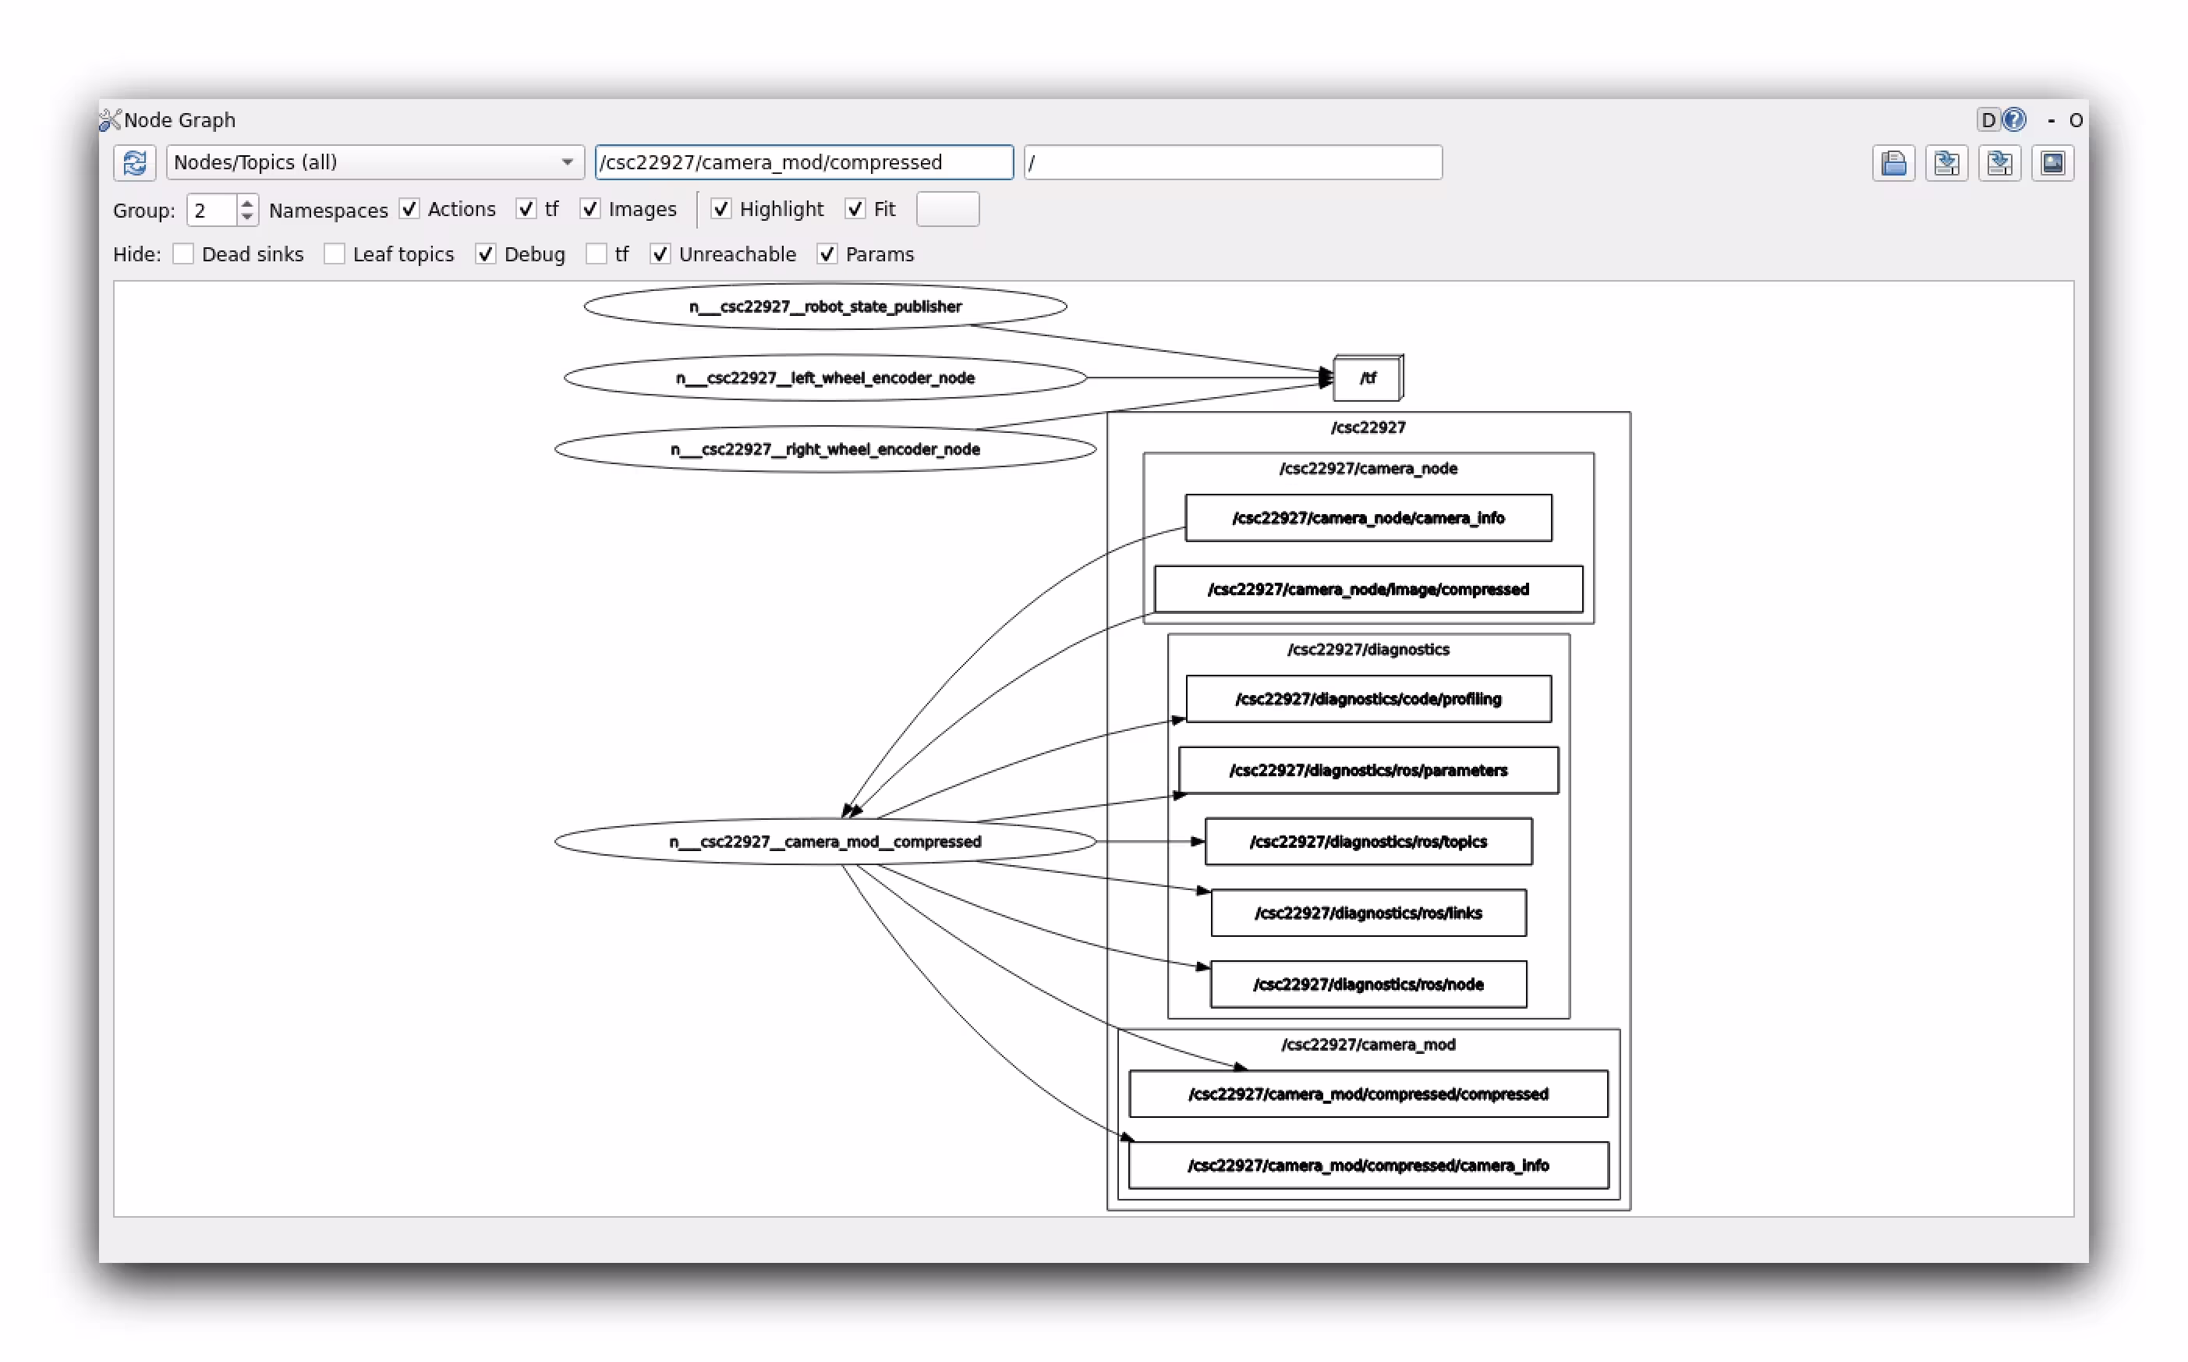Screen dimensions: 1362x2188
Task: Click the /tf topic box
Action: [x=1367, y=378]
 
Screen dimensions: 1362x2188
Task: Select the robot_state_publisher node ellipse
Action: [x=825, y=307]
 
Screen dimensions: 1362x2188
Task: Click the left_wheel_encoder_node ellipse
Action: [x=825, y=378]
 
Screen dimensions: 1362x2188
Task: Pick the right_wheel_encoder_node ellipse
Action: [x=825, y=449]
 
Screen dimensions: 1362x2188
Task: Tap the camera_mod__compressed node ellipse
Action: [x=825, y=842]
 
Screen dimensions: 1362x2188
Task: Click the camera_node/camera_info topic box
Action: [x=1368, y=518]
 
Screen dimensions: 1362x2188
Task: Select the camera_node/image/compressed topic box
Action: [x=1368, y=589]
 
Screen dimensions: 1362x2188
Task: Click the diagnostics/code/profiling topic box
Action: [x=1368, y=699]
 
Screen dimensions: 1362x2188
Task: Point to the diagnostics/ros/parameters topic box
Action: [x=1368, y=770]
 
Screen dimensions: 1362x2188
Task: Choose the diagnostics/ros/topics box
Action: [x=1368, y=842]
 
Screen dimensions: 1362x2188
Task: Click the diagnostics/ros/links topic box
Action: [x=1368, y=913]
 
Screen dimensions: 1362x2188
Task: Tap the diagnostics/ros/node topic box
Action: [x=1368, y=984]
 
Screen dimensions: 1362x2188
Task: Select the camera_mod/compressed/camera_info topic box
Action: [x=1368, y=1165]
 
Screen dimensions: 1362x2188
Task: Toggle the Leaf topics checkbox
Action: [x=334, y=254]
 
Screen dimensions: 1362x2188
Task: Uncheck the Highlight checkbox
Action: [x=720, y=209]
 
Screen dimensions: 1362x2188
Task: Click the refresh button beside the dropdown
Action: [x=135, y=163]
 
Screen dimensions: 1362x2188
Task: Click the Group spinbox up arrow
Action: [x=246, y=204]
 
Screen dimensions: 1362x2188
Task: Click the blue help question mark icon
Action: [x=2014, y=120]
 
